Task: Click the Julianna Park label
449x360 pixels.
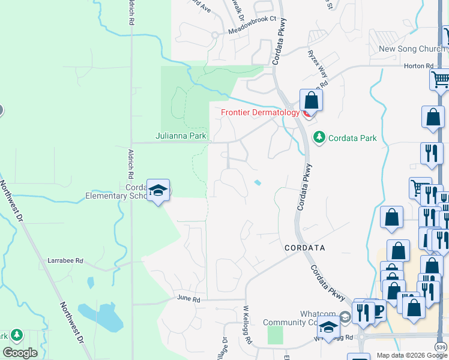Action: (x=181, y=136)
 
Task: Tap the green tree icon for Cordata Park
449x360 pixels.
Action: (x=319, y=137)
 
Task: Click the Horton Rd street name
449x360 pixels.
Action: (x=420, y=66)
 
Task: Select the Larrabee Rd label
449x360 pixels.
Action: (x=65, y=261)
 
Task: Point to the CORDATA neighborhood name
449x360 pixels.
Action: (x=305, y=247)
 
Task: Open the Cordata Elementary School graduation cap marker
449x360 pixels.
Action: (x=158, y=191)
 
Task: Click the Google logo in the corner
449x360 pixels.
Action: (x=20, y=353)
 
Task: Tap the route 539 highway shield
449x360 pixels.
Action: (x=441, y=347)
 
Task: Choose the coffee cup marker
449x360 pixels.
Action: (x=378, y=310)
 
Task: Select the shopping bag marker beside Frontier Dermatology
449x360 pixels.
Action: (x=311, y=100)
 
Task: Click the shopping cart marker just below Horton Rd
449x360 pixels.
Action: (x=440, y=79)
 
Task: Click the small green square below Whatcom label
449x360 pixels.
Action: (x=274, y=335)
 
